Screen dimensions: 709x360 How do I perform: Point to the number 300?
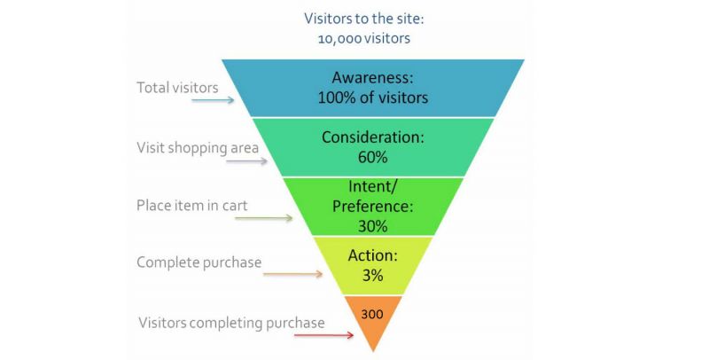[372, 313]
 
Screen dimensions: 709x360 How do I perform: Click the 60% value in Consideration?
[372, 157]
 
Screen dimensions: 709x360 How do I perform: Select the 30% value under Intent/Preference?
[372, 224]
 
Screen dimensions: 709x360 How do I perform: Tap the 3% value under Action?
[372, 276]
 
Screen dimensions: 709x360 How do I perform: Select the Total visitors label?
[177, 87]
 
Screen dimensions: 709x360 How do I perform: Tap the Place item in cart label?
[191, 205]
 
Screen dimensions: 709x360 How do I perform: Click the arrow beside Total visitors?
[213, 100]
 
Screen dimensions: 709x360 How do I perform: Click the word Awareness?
[372, 77]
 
